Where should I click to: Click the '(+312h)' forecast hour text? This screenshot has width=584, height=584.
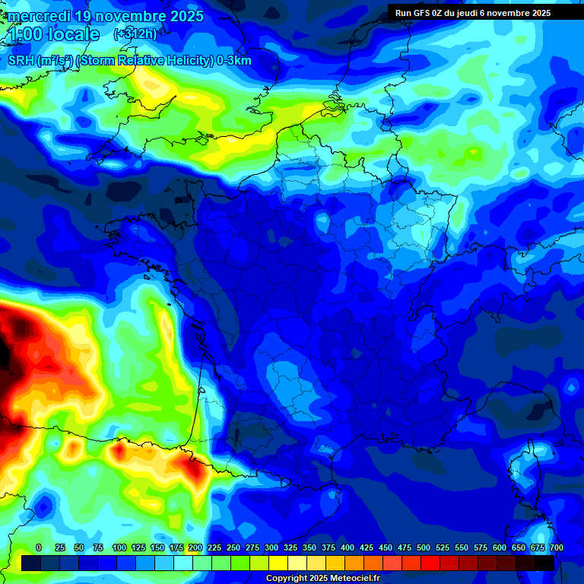coord(135,34)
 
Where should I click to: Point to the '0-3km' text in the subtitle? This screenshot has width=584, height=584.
coord(234,61)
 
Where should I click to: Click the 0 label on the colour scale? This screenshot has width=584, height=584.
coord(39,547)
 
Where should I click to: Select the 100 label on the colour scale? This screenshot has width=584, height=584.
coord(119,547)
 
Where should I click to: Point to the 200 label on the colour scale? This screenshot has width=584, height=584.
coord(195,547)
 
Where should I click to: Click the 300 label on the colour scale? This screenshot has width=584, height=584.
coord(271,547)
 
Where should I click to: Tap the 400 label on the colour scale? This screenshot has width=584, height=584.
coord(348,547)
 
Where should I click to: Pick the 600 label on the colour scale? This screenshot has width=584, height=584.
coord(500,547)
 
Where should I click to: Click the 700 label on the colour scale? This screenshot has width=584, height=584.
coord(557,547)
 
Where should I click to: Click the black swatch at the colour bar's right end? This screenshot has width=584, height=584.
coord(544,563)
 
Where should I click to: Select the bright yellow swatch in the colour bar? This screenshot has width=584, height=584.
coord(278,563)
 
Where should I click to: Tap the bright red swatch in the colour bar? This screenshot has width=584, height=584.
coord(430,563)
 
